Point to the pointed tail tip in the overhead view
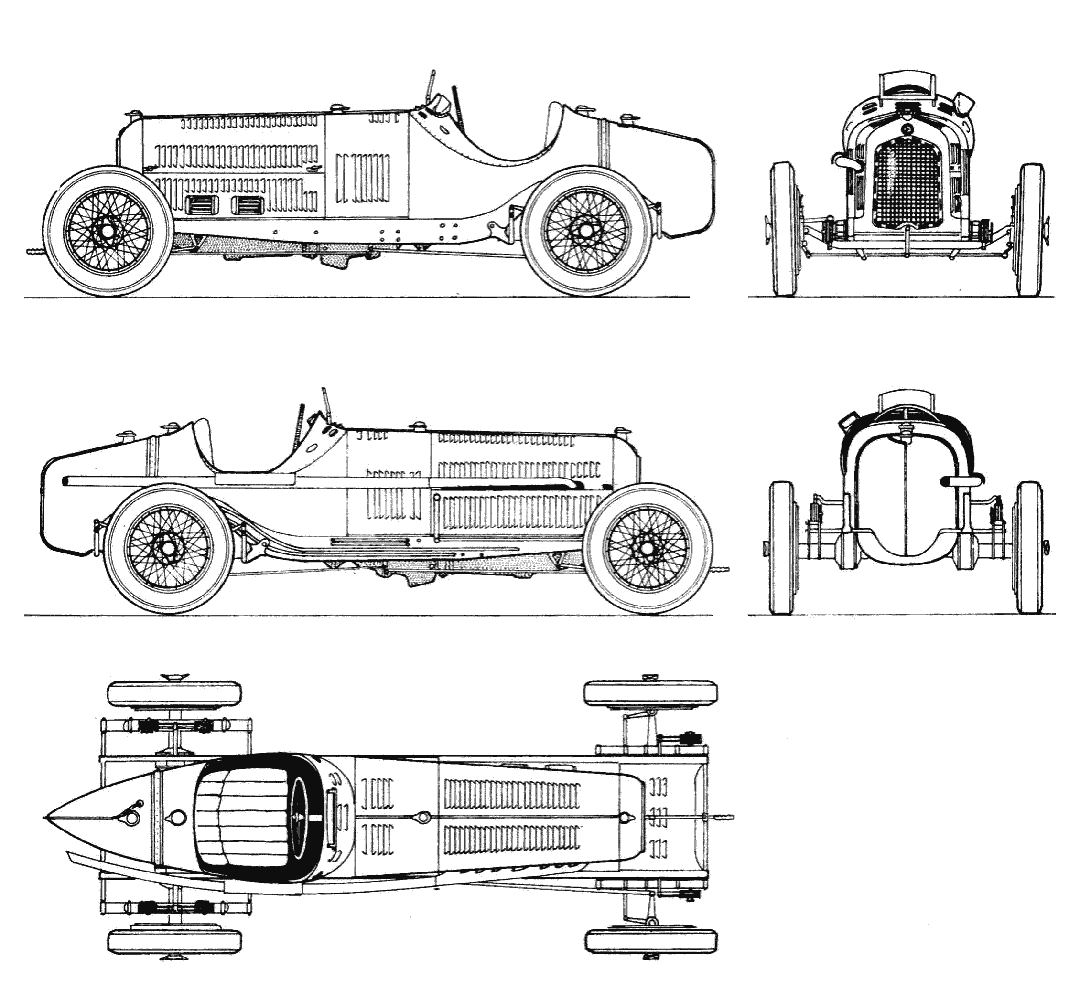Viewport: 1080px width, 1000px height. (45, 817)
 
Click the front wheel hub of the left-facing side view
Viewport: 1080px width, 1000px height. (107, 231)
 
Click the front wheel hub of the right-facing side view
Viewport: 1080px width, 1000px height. (648, 548)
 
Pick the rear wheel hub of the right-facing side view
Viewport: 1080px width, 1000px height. (168, 548)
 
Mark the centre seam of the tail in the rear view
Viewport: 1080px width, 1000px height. (905, 498)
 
